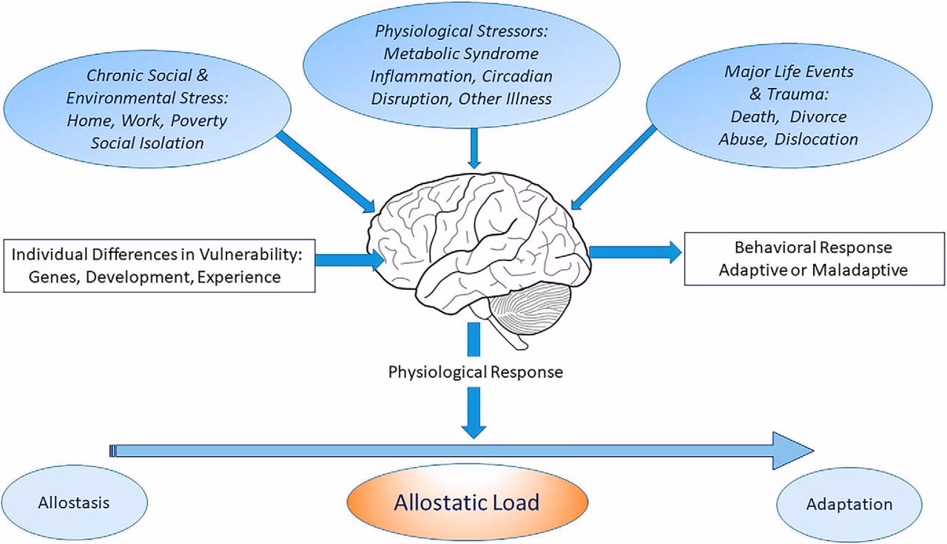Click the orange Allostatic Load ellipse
[x=468, y=503]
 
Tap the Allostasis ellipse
[x=73, y=503]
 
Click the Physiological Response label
[x=475, y=372]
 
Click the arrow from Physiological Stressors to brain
[x=475, y=148]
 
